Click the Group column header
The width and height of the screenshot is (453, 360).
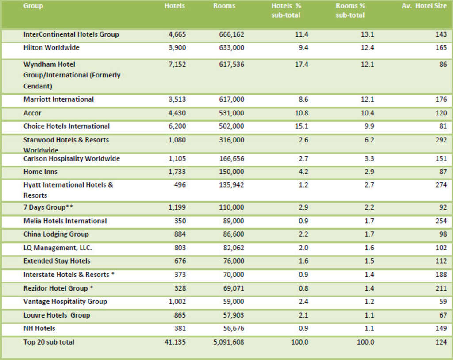(33, 6)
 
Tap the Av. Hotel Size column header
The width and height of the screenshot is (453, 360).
(424, 6)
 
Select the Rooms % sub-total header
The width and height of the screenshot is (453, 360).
(350, 11)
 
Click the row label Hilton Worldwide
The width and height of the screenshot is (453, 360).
(51, 47)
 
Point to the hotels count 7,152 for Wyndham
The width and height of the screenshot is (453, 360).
(177, 65)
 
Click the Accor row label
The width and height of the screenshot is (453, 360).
(32, 113)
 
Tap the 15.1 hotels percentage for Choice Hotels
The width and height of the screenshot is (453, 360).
(302, 126)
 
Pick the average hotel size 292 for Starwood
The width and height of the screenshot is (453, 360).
(441, 140)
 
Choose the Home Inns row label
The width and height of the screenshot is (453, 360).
(40, 172)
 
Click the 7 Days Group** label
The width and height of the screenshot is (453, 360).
(48, 207)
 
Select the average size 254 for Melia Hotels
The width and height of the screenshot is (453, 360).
(441, 221)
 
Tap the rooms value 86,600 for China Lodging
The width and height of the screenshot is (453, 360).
(231, 234)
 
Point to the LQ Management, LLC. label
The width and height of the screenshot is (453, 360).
(58, 248)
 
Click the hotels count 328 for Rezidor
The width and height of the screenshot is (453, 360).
(180, 288)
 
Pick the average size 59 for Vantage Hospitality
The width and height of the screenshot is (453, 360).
(443, 302)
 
